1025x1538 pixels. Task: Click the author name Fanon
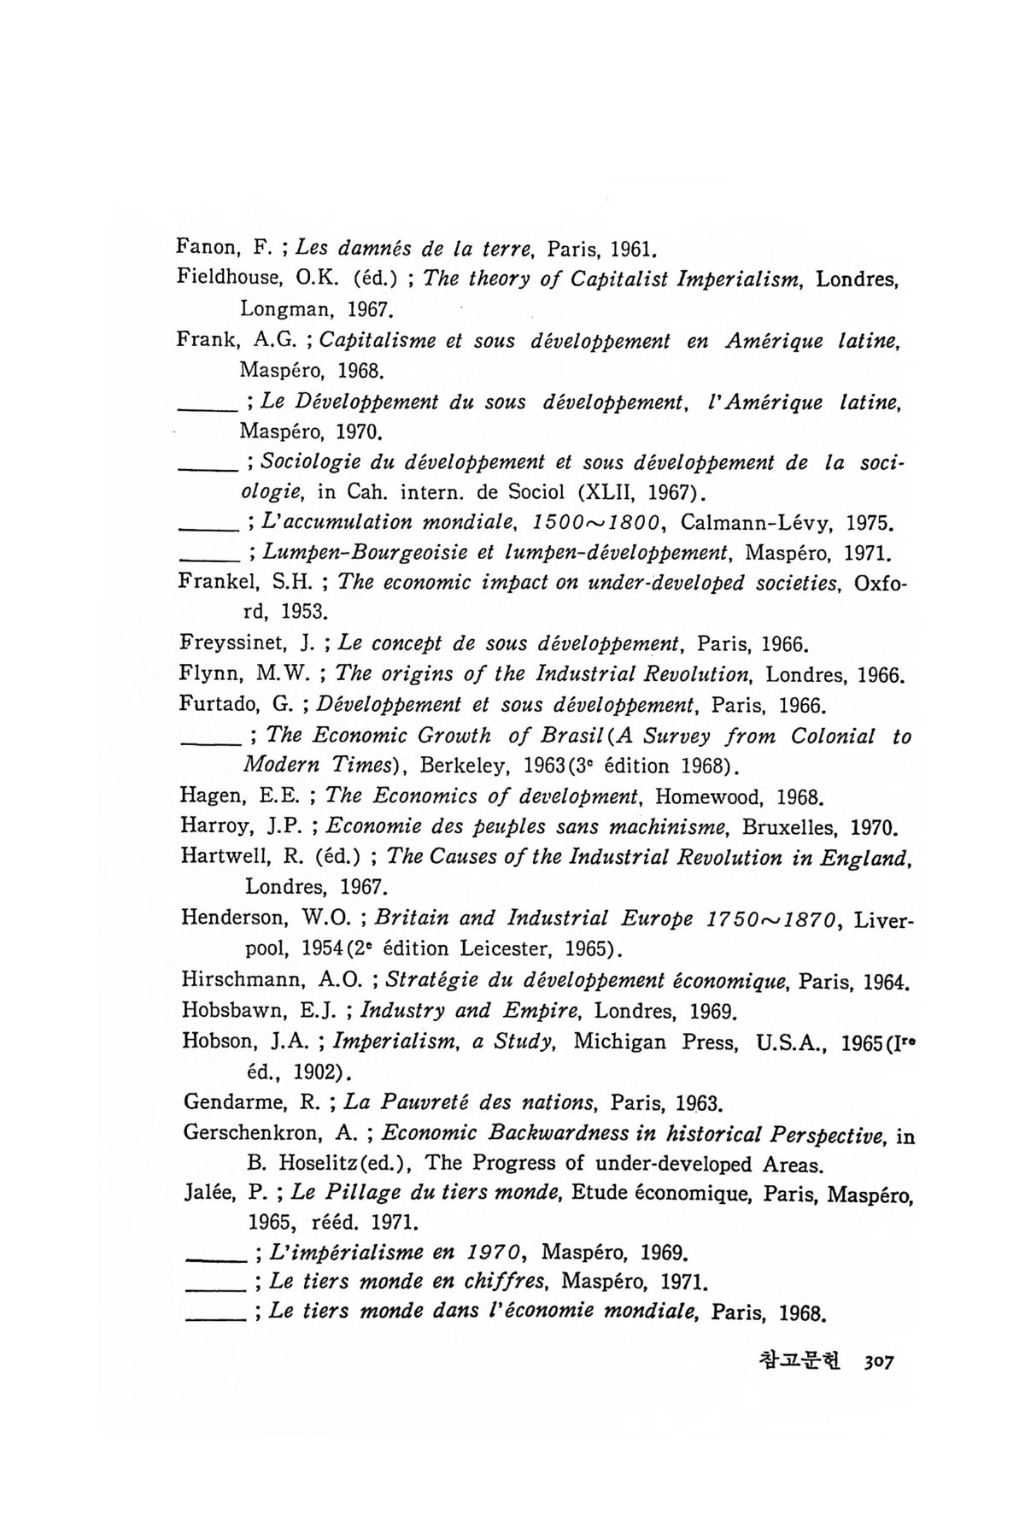202,249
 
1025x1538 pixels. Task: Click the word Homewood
711,797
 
